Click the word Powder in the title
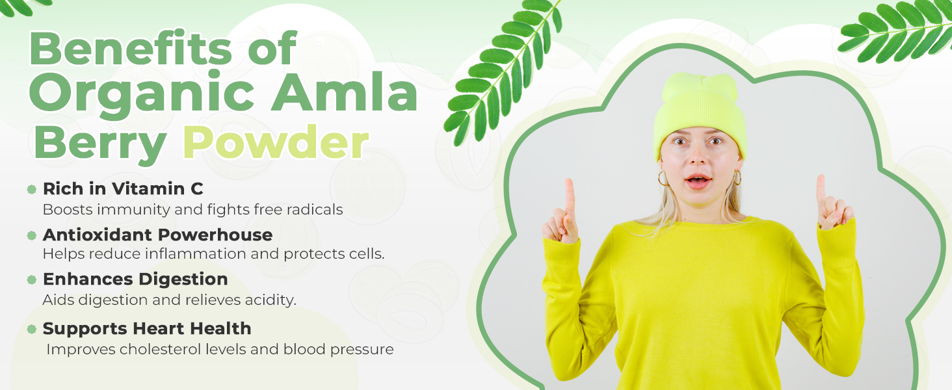click(276, 142)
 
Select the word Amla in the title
click(344, 92)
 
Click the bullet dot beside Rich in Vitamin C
click(31, 190)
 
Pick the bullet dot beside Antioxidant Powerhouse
click(31, 235)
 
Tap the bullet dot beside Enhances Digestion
click(31, 279)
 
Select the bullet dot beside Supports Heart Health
click(31, 329)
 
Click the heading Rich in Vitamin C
click(123, 188)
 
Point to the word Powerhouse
click(215, 235)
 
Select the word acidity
click(271, 300)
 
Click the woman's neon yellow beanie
click(700, 112)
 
